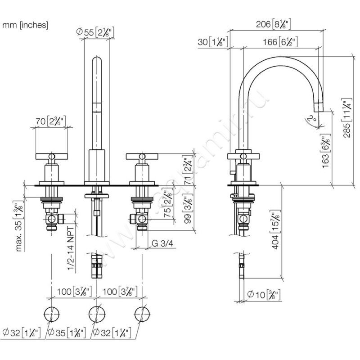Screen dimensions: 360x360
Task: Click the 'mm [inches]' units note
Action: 25,25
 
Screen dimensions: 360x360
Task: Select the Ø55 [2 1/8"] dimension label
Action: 96,32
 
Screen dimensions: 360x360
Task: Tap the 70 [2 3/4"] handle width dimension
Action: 51,121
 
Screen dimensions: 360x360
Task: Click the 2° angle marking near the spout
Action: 310,119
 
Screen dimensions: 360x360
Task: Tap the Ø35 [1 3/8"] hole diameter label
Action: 65,333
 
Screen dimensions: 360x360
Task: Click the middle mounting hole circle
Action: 96,313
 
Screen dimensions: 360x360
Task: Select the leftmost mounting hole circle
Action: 51,313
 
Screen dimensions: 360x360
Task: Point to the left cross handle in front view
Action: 51,157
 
